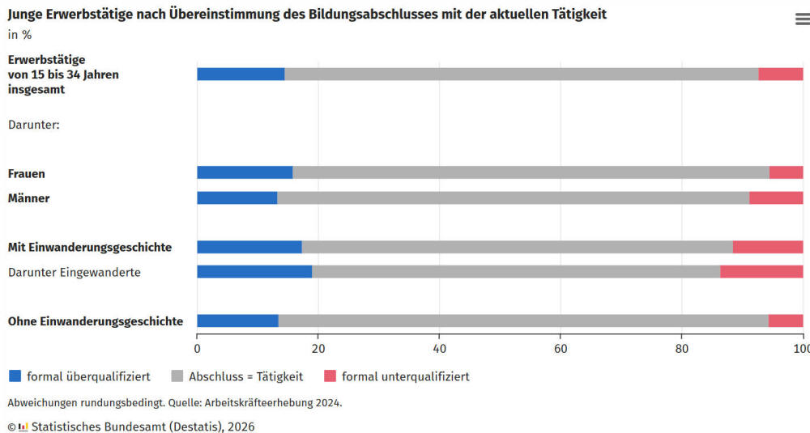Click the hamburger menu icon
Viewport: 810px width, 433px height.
(x=802, y=19)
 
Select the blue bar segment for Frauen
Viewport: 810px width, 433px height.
(x=245, y=172)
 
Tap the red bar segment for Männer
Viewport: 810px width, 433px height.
(x=775, y=197)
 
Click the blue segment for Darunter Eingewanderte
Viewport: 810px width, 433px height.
(x=254, y=272)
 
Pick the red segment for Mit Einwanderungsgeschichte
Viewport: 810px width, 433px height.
(x=767, y=247)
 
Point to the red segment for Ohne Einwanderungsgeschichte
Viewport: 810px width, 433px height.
(x=785, y=321)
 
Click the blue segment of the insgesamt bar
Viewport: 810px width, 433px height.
(x=241, y=74)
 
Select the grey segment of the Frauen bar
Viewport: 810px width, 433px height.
(x=531, y=172)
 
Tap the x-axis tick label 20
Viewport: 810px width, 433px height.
(x=318, y=349)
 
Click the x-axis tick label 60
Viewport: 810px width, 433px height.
(x=560, y=349)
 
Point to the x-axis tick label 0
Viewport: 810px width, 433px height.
(x=197, y=349)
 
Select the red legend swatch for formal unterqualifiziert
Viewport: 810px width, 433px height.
(x=330, y=376)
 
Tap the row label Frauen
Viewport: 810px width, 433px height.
(x=27, y=173)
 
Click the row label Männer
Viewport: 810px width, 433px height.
(x=29, y=198)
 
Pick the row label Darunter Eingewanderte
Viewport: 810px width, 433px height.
(x=75, y=273)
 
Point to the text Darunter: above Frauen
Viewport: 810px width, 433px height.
(x=34, y=125)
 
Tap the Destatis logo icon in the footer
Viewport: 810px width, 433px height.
(x=23, y=427)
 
